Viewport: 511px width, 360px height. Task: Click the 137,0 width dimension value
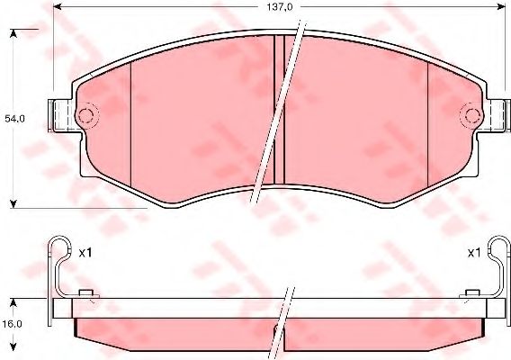(280, 7)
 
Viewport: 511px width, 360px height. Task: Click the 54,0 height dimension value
(14, 119)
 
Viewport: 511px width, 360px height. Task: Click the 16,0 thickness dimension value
(12, 324)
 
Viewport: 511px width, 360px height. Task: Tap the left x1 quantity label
(85, 253)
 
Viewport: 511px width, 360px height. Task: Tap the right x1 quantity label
(474, 253)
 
